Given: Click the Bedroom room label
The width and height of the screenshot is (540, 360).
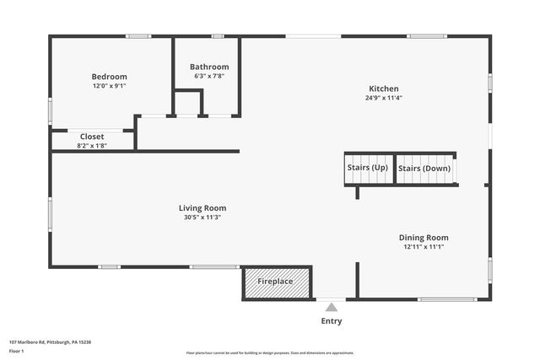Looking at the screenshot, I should click(109, 77).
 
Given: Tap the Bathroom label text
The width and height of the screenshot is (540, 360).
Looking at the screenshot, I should click(209, 67).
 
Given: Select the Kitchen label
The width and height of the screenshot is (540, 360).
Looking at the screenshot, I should click(384, 89).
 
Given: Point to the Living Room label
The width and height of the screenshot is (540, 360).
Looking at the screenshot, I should click(202, 207).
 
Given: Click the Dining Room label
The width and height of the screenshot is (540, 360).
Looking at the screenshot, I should click(424, 238).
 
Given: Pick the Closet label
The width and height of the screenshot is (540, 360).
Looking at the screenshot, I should click(92, 137).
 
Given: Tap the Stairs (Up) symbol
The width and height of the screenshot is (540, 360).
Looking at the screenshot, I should click(368, 168).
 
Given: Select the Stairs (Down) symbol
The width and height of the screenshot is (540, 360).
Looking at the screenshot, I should click(424, 168).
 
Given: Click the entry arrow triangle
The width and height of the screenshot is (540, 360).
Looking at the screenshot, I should click(332, 307).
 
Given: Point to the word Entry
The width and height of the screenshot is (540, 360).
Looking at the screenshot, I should click(332, 321).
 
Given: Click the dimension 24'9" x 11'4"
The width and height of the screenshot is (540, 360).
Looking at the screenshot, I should click(384, 98).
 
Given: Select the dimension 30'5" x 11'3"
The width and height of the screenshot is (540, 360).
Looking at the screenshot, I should click(202, 217).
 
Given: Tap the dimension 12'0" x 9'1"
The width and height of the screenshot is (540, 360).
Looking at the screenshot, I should click(109, 86).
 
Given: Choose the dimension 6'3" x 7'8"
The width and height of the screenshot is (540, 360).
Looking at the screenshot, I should click(209, 77).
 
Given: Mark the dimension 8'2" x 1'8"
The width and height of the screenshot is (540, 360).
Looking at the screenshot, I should click(92, 146).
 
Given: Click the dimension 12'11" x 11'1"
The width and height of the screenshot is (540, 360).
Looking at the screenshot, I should click(424, 247).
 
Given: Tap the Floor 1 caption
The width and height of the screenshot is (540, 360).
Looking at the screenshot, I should click(17, 350).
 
